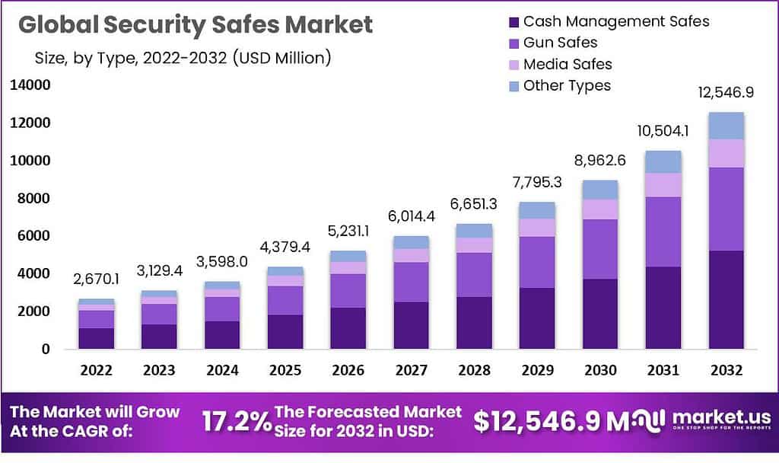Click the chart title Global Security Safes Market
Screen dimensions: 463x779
click(x=196, y=24)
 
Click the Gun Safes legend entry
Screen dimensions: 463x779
click(x=560, y=43)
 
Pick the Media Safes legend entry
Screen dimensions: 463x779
click(x=567, y=64)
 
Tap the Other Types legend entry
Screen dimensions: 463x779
click(x=566, y=85)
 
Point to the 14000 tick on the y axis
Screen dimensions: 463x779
click(x=30, y=85)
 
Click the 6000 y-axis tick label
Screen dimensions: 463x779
click(x=33, y=236)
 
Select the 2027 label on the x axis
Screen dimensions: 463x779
click(x=412, y=370)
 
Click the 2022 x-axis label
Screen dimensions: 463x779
click(x=97, y=370)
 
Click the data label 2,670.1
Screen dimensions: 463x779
click(x=97, y=279)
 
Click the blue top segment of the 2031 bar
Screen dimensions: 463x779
click(x=663, y=161)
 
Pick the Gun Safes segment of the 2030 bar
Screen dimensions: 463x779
click(x=600, y=249)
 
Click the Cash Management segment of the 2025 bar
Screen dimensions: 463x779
click(x=285, y=331)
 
